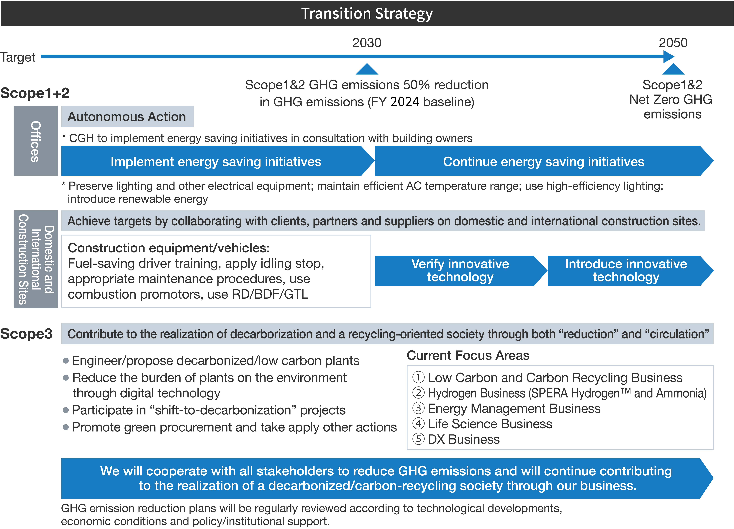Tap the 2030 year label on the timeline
click(367, 43)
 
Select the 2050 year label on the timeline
click(673, 43)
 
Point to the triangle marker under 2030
click(367, 70)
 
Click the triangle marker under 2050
click(673, 70)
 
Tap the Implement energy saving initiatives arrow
click(216, 161)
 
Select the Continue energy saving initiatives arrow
click(543, 161)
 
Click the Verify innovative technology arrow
click(460, 271)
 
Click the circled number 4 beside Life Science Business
click(418, 424)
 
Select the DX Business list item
click(463, 439)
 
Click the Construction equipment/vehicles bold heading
click(169, 248)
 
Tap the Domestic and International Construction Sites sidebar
click(36, 259)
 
